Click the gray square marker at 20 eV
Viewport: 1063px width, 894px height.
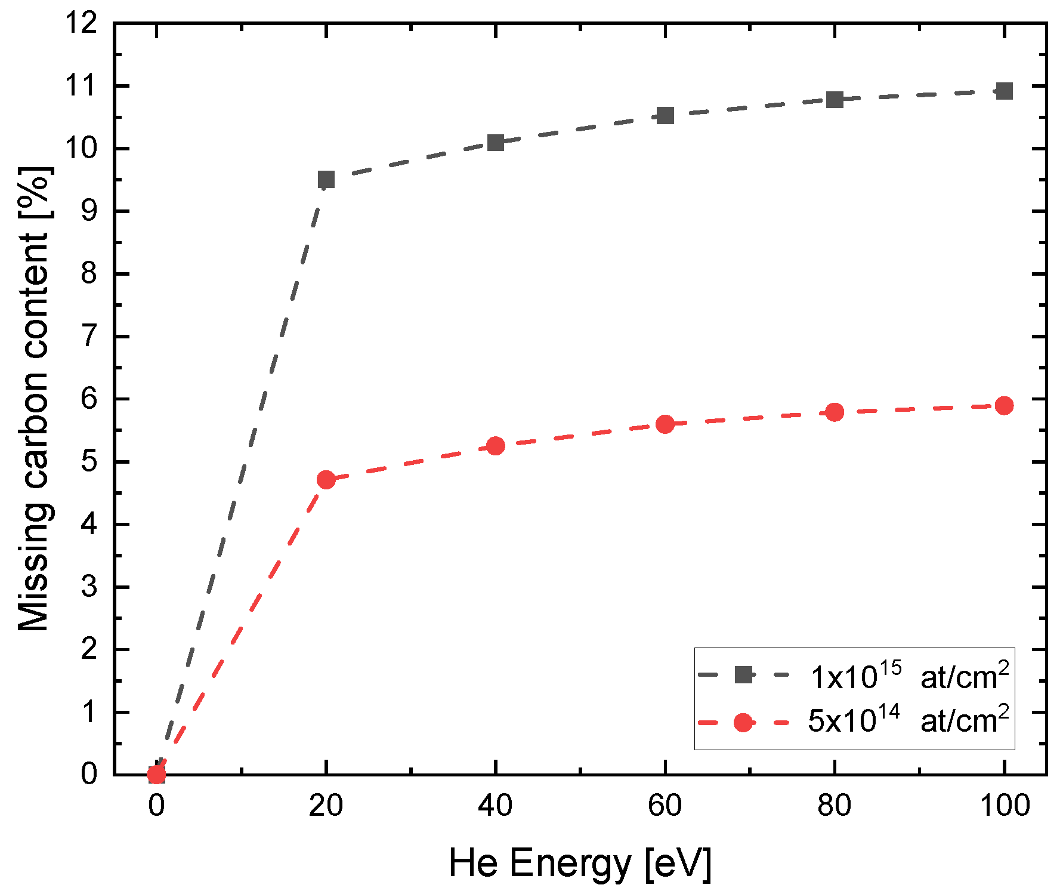point(326,179)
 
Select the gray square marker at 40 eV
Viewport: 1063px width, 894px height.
point(496,142)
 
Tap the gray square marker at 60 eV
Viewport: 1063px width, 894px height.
point(665,115)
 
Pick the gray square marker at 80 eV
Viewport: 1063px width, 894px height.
point(835,99)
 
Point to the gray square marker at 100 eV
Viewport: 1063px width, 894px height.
point(1005,91)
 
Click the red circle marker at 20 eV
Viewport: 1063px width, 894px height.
point(326,479)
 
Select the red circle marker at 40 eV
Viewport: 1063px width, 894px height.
point(496,446)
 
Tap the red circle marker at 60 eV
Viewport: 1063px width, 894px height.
point(665,424)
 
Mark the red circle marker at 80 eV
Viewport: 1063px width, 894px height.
point(835,412)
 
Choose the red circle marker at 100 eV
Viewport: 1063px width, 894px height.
point(1005,406)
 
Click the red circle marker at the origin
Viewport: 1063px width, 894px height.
point(156,775)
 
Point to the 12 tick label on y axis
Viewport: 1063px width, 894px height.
point(82,24)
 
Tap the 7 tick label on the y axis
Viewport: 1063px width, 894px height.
point(89,337)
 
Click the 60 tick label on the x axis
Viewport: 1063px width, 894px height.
point(665,806)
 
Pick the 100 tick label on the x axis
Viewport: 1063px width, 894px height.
point(1005,806)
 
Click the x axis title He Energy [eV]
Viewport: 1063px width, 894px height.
point(580,863)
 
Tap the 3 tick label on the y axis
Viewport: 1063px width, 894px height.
point(89,587)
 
